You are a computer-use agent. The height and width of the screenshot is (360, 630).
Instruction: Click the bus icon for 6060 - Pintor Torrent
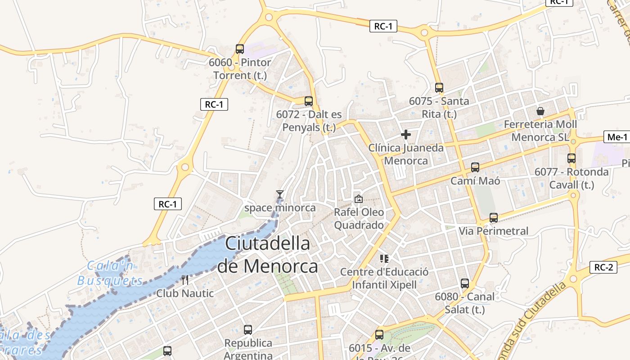pyautogui.click(x=240, y=49)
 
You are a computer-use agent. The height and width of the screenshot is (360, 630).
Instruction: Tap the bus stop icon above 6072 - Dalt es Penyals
pyautogui.click(x=308, y=101)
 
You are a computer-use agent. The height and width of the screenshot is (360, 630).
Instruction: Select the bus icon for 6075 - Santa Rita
pyautogui.click(x=439, y=88)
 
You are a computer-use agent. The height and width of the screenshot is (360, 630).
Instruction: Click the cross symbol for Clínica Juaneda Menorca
pyautogui.click(x=406, y=134)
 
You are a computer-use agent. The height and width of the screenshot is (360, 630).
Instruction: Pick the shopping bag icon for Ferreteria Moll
pyautogui.click(x=540, y=111)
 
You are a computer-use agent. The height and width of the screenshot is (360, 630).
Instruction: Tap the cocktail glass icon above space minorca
pyautogui.click(x=280, y=194)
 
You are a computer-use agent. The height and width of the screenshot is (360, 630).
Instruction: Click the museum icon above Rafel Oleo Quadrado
pyautogui.click(x=359, y=198)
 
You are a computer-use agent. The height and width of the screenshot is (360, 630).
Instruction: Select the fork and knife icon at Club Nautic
pyautogui.click(x=185, y=280)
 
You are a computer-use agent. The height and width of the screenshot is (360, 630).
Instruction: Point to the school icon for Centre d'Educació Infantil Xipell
pyautogui.click(x=384, y=258)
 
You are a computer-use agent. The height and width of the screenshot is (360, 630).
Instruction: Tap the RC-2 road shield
pyautogui.click(x=603, y=267)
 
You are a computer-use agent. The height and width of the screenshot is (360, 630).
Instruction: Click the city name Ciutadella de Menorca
pyautogui.click(x=267, y=255)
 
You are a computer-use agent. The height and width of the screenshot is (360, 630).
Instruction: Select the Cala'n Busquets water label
pyautogui.click(x=110, y=273)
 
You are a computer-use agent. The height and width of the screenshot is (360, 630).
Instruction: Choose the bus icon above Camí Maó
pyautogui.click(x=475, y=167)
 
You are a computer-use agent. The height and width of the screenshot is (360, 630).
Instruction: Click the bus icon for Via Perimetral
pyautogui.click(x=494, y=218)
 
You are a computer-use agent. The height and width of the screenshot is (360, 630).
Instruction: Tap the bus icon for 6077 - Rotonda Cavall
pyautogui.click(x=571, y=158)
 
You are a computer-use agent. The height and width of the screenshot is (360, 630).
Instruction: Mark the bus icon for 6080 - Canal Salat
pyautogui.click(x=465, y=283)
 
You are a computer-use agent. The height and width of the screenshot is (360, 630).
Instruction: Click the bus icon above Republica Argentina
pyautogui.click(x=248, y=330)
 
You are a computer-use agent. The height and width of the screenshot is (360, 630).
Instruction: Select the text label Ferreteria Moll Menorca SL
pyautogui.click(x=540, y=130)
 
